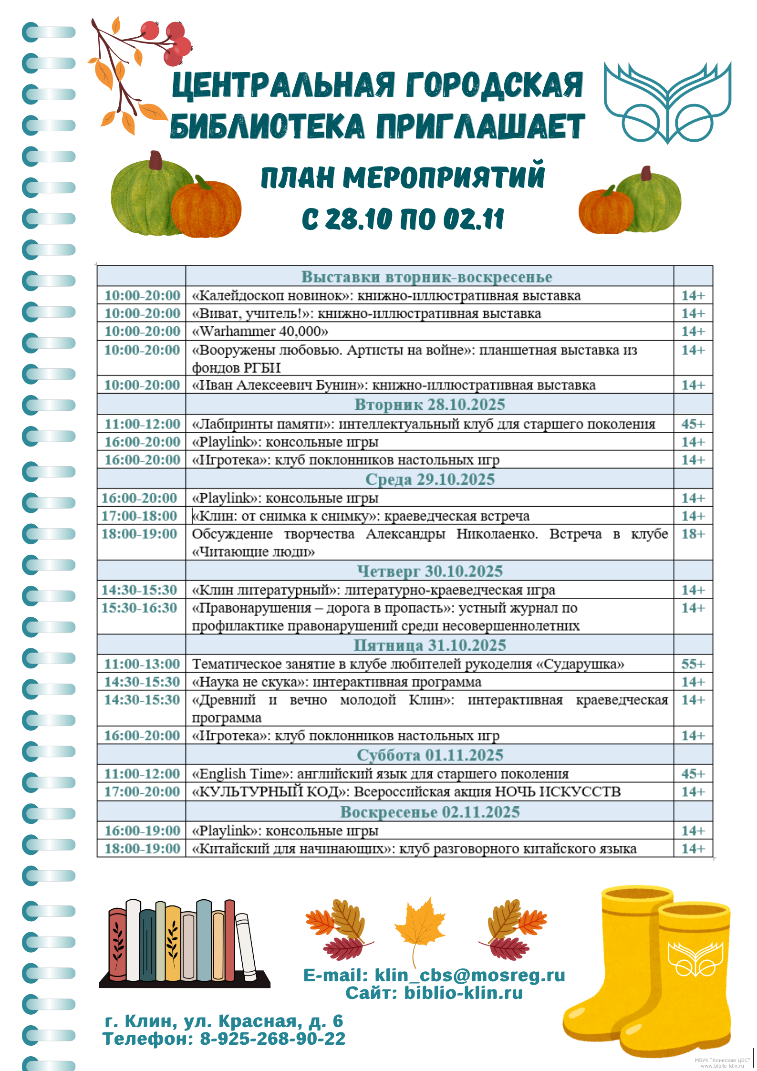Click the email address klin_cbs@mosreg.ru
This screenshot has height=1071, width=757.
(470, 976)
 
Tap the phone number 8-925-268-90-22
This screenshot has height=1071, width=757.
(272, 1039)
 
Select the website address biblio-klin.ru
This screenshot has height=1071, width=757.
(463, 993)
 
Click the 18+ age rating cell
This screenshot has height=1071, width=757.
(693, 534)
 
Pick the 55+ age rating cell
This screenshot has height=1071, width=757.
(693, 664)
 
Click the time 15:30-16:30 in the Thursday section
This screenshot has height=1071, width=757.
(139, 608)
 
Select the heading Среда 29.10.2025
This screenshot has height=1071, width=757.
(430, 479)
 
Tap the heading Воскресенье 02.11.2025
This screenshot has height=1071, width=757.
(430, 811)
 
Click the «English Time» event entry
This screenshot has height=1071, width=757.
(380, 773)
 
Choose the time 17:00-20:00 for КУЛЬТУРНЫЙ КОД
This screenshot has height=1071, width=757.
(142, 791)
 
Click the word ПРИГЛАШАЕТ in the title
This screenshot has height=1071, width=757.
(480, 127)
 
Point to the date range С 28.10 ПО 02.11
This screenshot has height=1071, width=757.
(403, 219)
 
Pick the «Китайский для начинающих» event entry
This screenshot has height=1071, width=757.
(414, 849)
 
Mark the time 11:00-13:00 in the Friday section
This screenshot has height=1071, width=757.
(142, 664)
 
